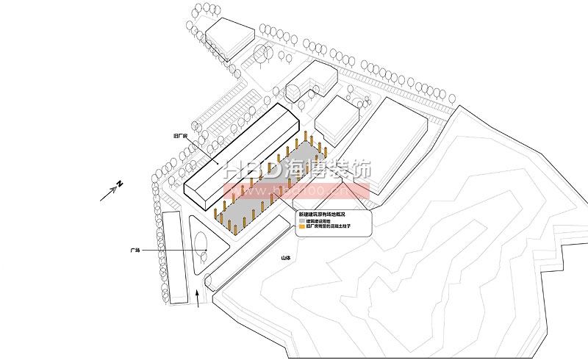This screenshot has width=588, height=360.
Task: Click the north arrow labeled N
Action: tap(112, 190)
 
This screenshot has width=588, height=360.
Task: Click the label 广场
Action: tap(135, 251)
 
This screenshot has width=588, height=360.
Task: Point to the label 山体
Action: tap(285, 258)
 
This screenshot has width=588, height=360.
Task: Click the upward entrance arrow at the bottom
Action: tap(198, 298)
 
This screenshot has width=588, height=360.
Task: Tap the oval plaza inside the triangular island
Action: tap(200, 245)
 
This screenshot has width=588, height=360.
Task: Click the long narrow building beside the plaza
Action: tap(174, 257)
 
